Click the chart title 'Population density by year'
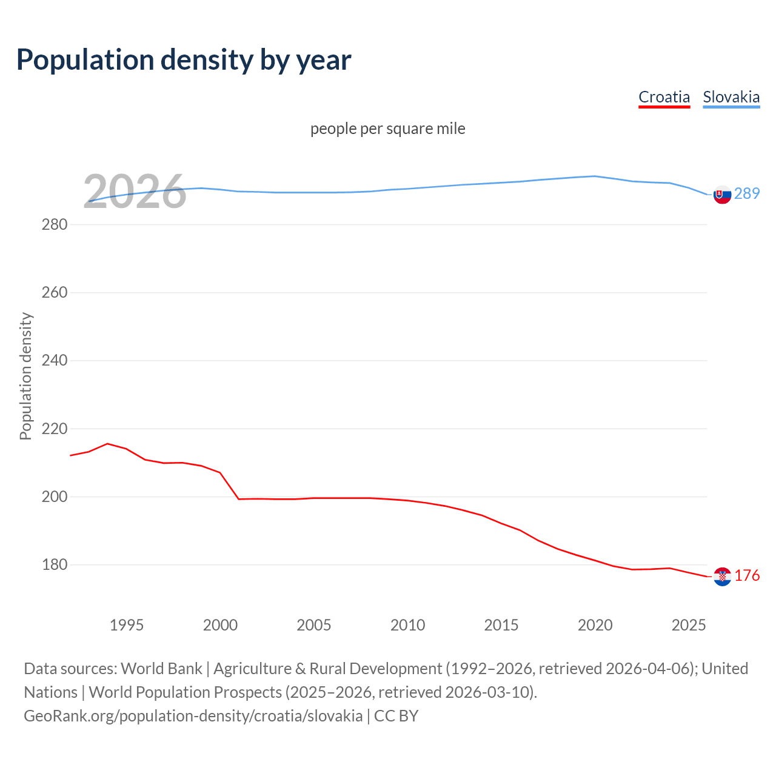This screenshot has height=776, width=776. [x=184, y=59]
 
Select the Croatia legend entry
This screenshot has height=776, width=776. [x=664, y=97]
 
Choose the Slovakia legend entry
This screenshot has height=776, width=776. [x=731, y=97]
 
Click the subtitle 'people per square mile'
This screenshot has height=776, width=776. [x=387, y=129]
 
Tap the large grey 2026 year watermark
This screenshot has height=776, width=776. [x=135, y=192]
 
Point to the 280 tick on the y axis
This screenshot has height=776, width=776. [x=54, y=224]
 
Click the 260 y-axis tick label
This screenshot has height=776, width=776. [x=54, y=292]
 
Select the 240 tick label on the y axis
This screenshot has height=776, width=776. [x=54, y=360]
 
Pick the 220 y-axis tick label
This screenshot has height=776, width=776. [x=54, y=429]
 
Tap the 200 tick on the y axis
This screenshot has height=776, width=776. [x=54, y=497]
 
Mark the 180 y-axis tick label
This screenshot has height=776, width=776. [x=54, y=564]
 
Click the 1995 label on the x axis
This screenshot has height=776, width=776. [x=126, y=625]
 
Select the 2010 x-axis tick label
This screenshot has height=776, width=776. [x=407, y=625]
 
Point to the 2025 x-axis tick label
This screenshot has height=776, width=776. [x=689, y=625]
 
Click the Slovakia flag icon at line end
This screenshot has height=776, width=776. [x=722, y=195]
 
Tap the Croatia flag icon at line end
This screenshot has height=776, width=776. [x=722, y=577]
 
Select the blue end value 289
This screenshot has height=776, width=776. [x=747, y=193]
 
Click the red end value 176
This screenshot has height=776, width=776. [x=747, y=575]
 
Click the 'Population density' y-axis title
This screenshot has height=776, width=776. [x=25, y=376]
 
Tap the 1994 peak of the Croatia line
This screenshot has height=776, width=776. [x=107, y=444]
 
